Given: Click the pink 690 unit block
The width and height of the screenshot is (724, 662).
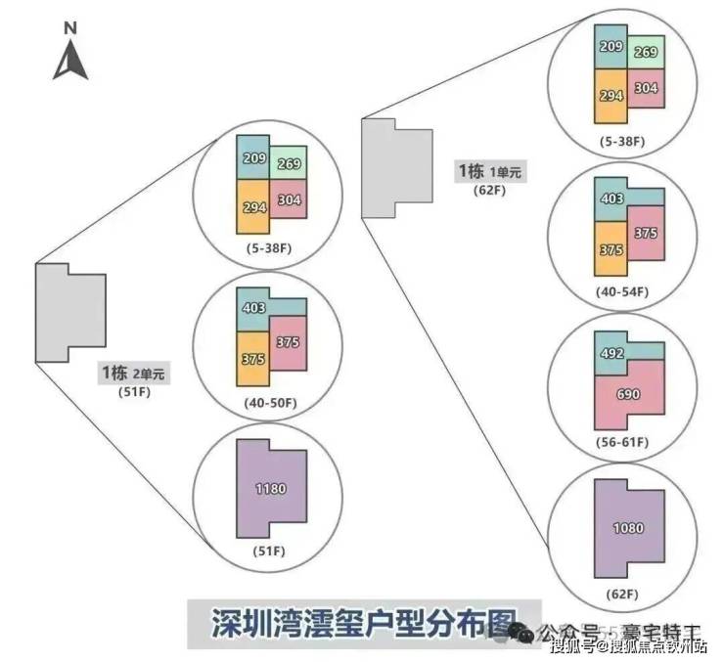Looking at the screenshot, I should pos(628,393).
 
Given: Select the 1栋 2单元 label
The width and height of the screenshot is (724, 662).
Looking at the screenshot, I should pos(133,374).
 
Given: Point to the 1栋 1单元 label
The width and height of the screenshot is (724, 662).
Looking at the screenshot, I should pos(489,172).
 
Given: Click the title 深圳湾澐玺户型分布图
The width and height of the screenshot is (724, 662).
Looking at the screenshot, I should pos(350,622).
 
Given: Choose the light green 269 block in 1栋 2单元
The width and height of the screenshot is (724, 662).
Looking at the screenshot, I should pos(288,163).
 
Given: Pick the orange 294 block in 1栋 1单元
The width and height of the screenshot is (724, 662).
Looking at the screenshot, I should pos(612,96).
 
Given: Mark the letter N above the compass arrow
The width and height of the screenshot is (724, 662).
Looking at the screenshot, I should pos(70,28).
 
